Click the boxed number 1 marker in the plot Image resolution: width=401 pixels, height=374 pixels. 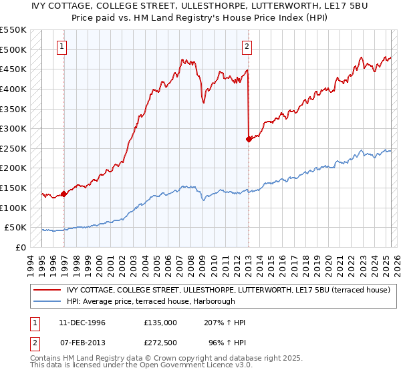coord(61,46)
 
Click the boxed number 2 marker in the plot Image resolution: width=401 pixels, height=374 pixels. coord(247,46)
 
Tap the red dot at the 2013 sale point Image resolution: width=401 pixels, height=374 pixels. coord(249,139)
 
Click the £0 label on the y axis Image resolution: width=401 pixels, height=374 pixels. coord(21,247)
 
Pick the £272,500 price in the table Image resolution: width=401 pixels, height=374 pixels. coord(160,343)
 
